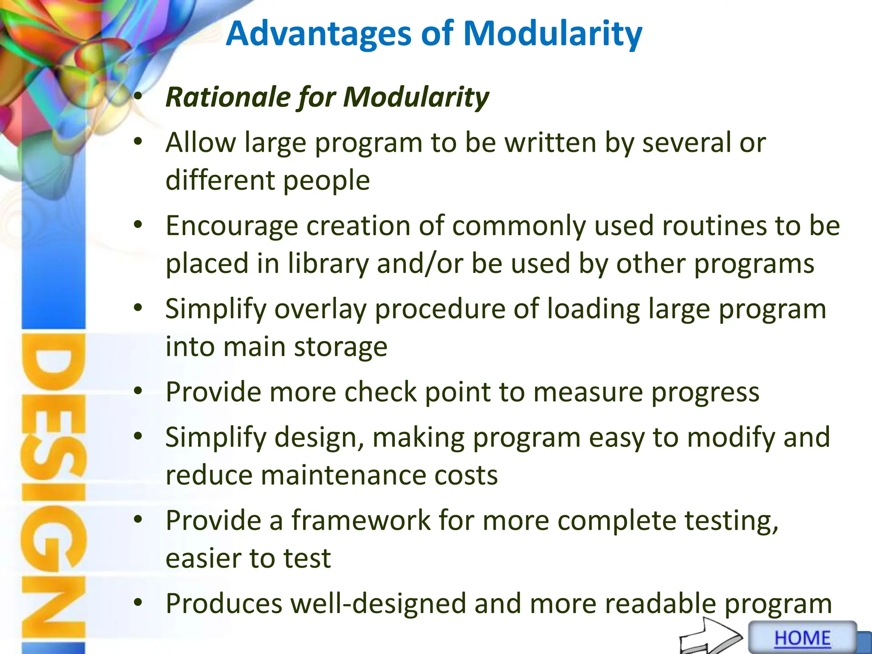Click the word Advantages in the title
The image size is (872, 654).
click(319, 34)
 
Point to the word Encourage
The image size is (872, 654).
click(232, 226)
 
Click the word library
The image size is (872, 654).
click(328, 264)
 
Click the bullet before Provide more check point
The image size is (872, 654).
click(138, 391)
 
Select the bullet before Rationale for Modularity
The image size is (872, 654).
click(138, 97)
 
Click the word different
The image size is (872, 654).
click(220, 181)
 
